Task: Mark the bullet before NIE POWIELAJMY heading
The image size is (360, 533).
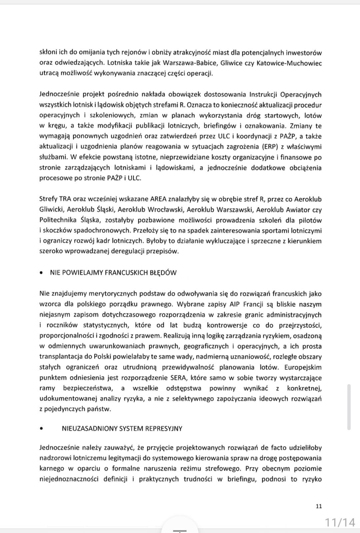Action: pyautogui.click(x=41, y=273)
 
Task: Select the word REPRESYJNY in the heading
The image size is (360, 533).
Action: pyautogui.click(x=164, y=428)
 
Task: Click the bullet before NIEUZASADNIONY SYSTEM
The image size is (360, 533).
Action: pyautogui.click(x=41, y=429)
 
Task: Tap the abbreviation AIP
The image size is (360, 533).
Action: pyautogui.click(x=235, y=304)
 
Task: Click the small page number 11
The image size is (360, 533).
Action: pyautogui.click(x=318, y=506)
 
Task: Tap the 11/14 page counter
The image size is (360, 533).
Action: pyautogui.click(x=340, y=522)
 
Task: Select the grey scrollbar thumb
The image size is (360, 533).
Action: pyautogui.click(x=349, y=407)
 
